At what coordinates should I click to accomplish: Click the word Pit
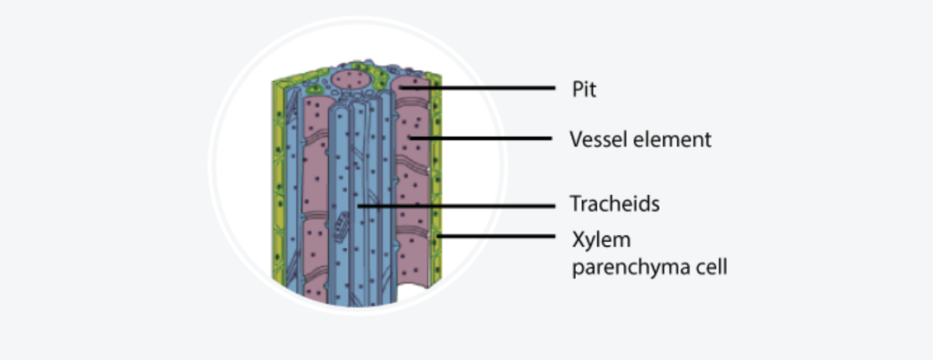tap(583, 89)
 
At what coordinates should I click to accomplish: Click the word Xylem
tap(596, 241)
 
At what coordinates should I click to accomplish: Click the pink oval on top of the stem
tap(350, 80)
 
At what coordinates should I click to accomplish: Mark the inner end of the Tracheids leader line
tap(359, 205)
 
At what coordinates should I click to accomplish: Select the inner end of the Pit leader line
tap(399, 88)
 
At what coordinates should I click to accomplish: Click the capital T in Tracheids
tap(575, 204)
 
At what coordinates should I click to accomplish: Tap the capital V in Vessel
tap(576, 140)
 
